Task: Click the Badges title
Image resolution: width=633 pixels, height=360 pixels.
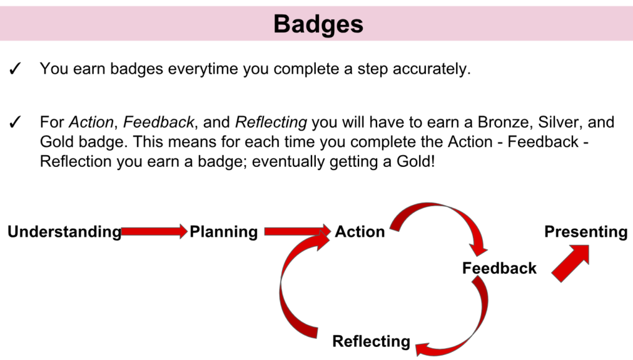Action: [318, 25]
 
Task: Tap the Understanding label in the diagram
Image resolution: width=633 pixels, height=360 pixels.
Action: [64, 232]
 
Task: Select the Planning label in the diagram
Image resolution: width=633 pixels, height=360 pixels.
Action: [224, 232]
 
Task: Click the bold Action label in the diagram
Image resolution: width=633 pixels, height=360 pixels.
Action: [360, 232]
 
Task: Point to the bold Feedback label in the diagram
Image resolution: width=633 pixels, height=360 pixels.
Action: [499, 268]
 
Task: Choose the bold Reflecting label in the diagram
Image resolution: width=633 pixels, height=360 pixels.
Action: [371, 341]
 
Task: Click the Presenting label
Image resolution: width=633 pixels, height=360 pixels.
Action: [586, 232]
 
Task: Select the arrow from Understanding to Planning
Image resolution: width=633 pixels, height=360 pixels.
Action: [154, 231]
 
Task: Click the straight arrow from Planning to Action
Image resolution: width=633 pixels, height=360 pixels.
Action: [297, 231]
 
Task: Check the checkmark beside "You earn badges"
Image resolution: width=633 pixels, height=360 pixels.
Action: [15, 69]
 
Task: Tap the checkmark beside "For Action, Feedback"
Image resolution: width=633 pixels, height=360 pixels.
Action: [15, 122]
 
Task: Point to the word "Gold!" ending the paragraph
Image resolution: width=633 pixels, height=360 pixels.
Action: [416, 161]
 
